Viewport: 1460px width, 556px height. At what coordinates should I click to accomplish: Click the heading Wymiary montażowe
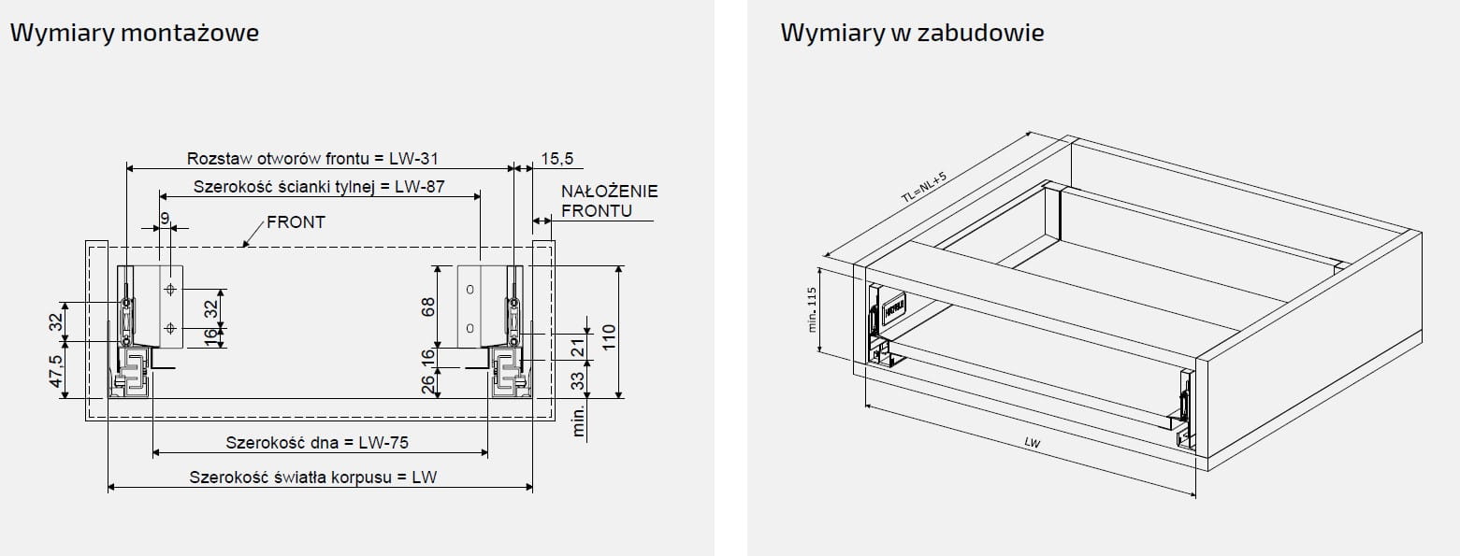tap(135, 34)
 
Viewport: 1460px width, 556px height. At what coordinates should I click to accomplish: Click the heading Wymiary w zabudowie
tap(912, 34)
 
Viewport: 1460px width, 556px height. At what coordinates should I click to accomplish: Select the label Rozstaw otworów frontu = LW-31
tap(313, 159)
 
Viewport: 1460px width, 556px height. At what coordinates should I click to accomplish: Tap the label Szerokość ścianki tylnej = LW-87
tap(319, 186)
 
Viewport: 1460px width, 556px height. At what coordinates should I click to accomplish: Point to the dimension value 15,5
tap(557, 159)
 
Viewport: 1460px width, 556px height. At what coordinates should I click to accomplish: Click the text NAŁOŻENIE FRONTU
tap(609, 201)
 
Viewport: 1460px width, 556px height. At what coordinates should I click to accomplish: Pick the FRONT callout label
tap(296, 222)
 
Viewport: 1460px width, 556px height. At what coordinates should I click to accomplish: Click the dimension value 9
tap(166, 218)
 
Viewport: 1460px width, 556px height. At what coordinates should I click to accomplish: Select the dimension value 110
tap(608, 335)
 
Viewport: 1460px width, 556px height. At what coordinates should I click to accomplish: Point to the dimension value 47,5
tap(56, 371)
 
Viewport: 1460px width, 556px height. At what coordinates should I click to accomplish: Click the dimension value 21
tap(577, 347)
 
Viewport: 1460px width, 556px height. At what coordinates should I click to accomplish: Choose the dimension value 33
tap(577, 381)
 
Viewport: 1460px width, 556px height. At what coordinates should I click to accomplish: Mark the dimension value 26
tap(428, 383)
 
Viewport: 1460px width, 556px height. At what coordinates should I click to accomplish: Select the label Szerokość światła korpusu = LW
tap(313, 477)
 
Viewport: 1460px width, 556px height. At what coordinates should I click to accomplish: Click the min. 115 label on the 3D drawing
tap(812, 309)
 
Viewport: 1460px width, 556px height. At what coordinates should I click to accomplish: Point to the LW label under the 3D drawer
tap(1032, 442)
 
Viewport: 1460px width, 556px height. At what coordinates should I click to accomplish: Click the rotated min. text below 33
tap(578, 421)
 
